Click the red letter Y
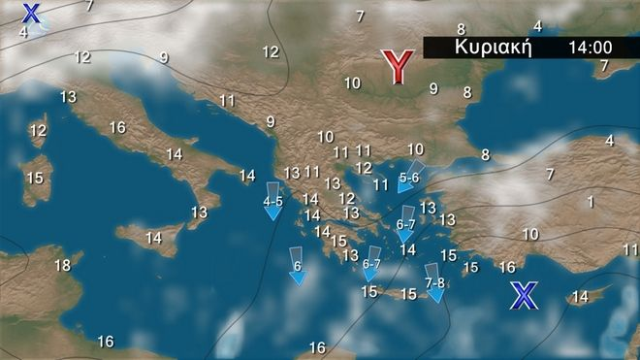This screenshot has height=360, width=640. coord(396,66)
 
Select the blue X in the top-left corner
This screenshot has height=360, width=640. coord(32,14)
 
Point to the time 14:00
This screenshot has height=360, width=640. coord(591,47)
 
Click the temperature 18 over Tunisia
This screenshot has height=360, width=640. coord(62,265)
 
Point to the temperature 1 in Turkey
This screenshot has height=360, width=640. coord(590,202)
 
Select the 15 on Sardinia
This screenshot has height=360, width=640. coord(35,178)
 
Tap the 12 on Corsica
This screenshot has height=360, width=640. coord(39,130)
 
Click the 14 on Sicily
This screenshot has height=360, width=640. coord(153,237)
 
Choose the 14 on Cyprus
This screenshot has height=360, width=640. coord(579,296)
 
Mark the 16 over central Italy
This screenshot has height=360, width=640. coord(117,127)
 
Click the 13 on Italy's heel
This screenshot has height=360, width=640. coord(199,212)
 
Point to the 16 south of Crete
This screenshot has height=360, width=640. coord(317,347)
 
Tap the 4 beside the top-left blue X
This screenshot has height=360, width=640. coord(23,31)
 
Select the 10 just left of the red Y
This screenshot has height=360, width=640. coord(352,83)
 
